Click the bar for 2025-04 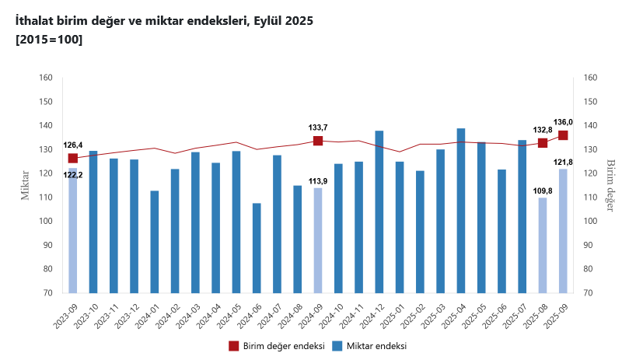461,210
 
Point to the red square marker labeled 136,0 563,135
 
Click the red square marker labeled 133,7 318,141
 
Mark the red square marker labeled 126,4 73,159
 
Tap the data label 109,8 543,190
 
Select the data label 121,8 564,162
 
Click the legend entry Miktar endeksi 372,346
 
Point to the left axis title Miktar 25,185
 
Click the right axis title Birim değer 610,185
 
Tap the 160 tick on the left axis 46,78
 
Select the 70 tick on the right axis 589,293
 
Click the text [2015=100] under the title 49,40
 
